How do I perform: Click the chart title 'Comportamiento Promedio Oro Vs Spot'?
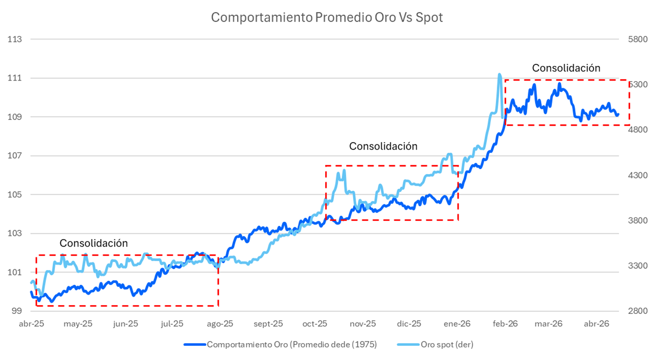pyautogui.click(x=327, y=17)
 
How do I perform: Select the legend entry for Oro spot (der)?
pyautogui.click(x=447, y=345)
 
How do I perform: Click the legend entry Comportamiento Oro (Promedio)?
pyautogui.click(x=291, y=345)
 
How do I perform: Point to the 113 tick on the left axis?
pyautogui.click(x=15, y=39)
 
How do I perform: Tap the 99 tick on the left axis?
pyautogui.click(x=16, y=311)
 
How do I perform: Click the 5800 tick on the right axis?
pyautogui.click(x=638, y=39)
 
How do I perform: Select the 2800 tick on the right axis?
pyautogui.click(x=638, y=311)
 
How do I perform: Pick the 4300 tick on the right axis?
pyautogui.click(x=638, y=175)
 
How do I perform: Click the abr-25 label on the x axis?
pyautogui.click(x=31, y=324)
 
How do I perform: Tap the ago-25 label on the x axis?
pyautogui.click(x=220, y=324)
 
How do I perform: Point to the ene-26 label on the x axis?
pyautogui.click(x=457, y=324)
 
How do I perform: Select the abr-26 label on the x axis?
pyautogui.click(x=596, y=324)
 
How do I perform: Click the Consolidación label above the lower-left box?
pyautogui.click(x=93, y=243)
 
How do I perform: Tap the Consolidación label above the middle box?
pyautogui.click(x=383, y=146)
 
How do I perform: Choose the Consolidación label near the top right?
pyautogui.click(x=566, y=68)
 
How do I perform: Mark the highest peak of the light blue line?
pyautogui.click(x=499, y=74)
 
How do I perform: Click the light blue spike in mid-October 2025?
pyautogui.click(x=344, y=171)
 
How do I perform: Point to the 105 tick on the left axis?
pyautogui.click(x=15, y=194)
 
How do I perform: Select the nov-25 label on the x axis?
pyautogui.click(x=363, y=324)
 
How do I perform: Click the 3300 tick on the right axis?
pyautogui.click(x=638, y=266)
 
